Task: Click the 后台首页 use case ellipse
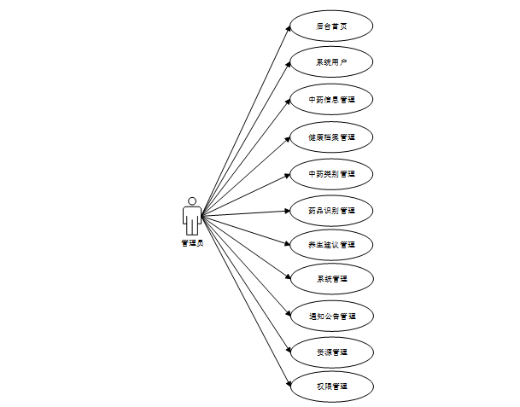(x=331, y=26)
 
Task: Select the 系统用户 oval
(x=331, y=63)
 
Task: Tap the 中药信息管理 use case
(x=331, y=100)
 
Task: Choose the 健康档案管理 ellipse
(x=331, y=137)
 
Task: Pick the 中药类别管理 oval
(x=331, y=173)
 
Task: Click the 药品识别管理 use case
(x=331, y=209)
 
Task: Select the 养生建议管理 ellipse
(x=331, y=245)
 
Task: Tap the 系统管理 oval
(x=331, y=279)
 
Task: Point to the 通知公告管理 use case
(x=331, y=316)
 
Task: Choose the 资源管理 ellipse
(x=331, y=352)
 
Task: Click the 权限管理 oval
(x=331, y=387)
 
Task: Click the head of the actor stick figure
(x=192, y=201)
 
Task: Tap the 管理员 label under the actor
(x=192, y=243)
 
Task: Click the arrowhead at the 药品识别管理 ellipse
(x=286, y=210)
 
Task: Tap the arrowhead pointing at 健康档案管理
(x=287, y=139)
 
